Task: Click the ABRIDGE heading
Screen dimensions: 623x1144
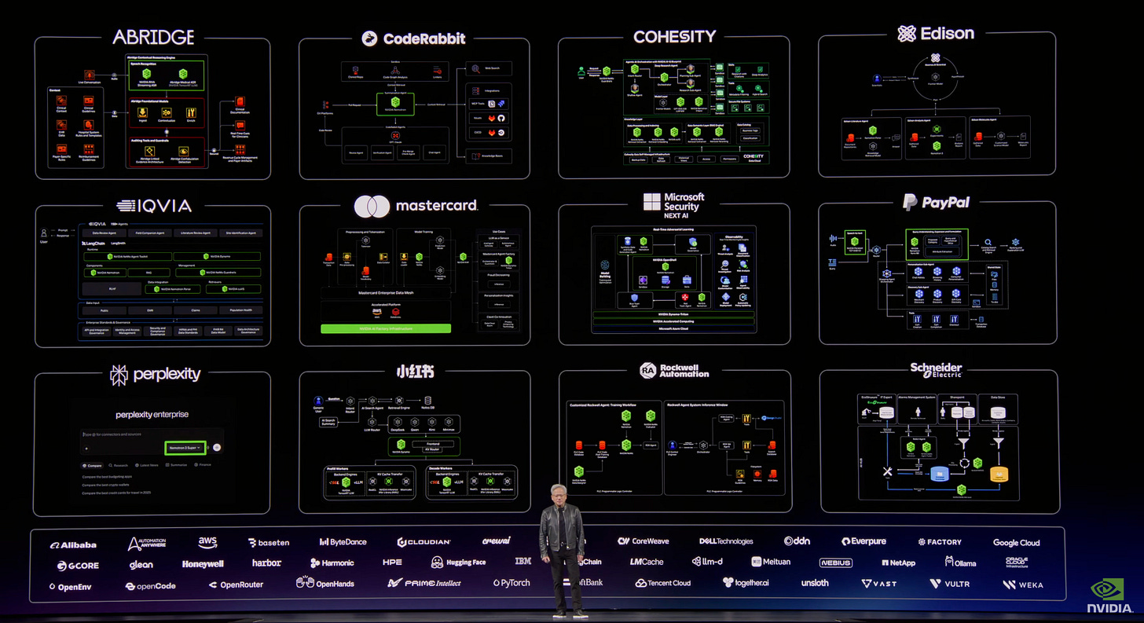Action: [x=152, y=37]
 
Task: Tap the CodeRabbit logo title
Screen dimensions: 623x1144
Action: [x=413, y=38]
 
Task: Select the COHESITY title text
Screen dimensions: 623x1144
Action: [x=674, y=36]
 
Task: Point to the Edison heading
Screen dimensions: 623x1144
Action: [x=936, y=33]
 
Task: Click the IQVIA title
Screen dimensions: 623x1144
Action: [x=154, y=206]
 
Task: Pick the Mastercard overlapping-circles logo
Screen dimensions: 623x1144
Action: [x=372, y=207]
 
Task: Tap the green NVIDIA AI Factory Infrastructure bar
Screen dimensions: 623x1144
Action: [x=386, y=328]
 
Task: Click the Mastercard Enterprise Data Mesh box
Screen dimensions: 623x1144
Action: [x=386, y=291]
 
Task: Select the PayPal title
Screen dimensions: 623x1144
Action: [x=936, y=203]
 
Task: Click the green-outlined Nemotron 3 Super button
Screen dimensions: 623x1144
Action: [x=185, y=447]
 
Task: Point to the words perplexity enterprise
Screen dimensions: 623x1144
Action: [x=152, y=414]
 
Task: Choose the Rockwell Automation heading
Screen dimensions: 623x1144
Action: [x=674, y=370]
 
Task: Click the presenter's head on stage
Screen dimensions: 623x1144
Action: [x=562, y=495]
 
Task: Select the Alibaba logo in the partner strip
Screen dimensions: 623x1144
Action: [x=73, y=544]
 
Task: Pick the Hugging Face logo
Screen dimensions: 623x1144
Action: [x=458, y=563]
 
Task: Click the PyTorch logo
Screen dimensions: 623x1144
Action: [x=511, y=583]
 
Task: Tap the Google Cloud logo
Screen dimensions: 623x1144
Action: [x=1016, y=542]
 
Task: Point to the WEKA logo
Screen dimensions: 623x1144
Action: [x=1022, y=585]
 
